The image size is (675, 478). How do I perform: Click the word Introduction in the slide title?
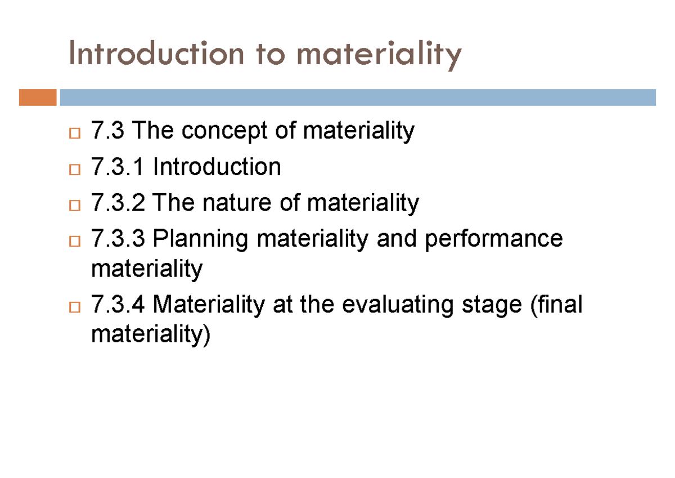156,54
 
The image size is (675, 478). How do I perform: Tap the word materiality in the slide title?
379,55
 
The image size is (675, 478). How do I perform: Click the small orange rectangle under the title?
38,97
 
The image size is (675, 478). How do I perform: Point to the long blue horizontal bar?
358,97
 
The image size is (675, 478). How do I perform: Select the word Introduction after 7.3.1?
217,167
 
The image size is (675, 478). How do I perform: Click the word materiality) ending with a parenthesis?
150,336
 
